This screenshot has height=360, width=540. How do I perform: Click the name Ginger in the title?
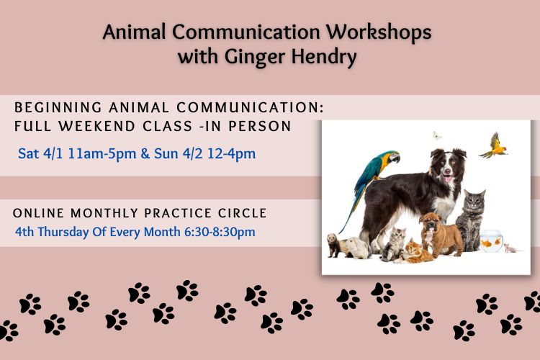click(x=255, y=57)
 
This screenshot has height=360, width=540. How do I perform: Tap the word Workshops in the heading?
click(x=379, y=32)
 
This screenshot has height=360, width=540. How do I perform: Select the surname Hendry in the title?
click(x=324, y=56)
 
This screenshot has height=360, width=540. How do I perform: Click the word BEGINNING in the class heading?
click(x=58, y=107)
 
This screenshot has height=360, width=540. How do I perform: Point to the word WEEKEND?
click(x=96, y=126)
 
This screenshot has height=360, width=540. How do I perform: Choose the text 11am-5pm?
click(x=102, y=153)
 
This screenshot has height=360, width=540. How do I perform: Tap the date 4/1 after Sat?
click(x=53, y=153)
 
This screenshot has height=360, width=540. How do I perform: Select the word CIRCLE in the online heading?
click(x=243, y=213)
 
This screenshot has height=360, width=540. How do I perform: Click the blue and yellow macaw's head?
click(x=390, y=157)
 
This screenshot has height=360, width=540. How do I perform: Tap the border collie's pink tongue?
click(x=448, y=179)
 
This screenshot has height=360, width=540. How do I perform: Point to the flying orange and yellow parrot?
click(x=494, y=146)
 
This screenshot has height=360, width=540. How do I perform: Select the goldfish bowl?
click(x=492, y=241)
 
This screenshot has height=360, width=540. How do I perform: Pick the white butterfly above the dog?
click(x=437, y=135)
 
